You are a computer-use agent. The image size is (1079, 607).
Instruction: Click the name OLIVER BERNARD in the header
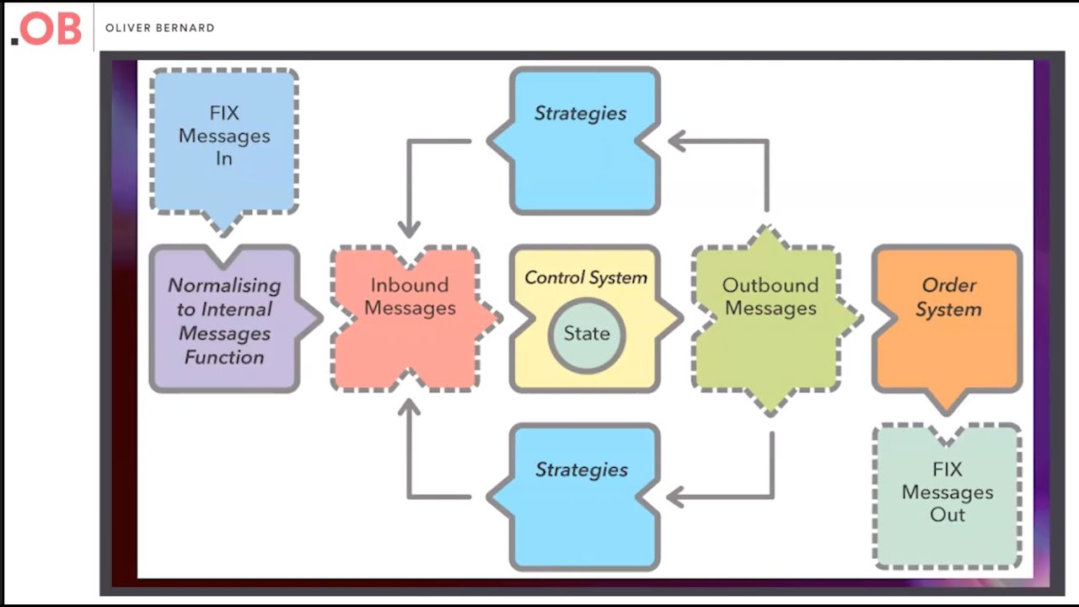click(x=159, y=28)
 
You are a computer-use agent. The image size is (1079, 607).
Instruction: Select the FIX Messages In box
click(x=224, y=139)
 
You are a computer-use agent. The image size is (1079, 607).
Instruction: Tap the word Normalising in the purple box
click(x=224, y=285)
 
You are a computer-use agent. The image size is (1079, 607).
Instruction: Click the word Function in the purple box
click(x=224, y=357)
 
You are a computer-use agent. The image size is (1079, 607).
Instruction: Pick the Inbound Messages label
click(x=410, y=297)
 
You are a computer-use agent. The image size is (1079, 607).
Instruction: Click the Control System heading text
click(x=586, y=277)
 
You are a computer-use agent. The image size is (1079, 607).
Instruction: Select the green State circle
click(x=586, y=333)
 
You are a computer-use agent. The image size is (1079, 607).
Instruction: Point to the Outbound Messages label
click(x=770, y=297)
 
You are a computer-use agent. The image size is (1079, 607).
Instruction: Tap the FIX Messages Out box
click(x=947, y=497)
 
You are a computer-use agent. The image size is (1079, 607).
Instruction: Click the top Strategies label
click(x=581, y=113)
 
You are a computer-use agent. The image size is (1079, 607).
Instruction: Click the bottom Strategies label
click(x=582, y=470)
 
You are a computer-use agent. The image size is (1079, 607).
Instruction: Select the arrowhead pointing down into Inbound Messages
click(x=410, y=228)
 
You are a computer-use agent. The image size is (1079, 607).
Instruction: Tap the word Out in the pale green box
click(x=947, y=515)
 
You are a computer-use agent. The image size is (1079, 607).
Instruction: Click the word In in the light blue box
click(x=224, y=158)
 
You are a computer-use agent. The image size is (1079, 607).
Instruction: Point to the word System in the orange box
click(x=948, y=309)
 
